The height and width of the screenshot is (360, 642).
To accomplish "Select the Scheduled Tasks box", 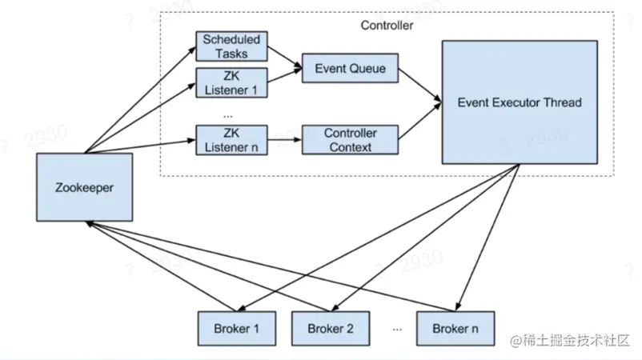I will coord(231,46).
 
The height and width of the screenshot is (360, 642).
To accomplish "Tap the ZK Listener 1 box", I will coord(231,82).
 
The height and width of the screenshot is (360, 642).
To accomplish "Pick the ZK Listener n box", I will coord(231,139).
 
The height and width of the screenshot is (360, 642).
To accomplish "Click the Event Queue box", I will coord(350,69).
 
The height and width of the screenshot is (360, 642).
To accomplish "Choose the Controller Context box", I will coord(350,139).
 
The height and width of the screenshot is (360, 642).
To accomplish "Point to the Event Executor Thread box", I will coord(519,102).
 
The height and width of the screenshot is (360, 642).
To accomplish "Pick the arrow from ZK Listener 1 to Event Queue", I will coord(283,78).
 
